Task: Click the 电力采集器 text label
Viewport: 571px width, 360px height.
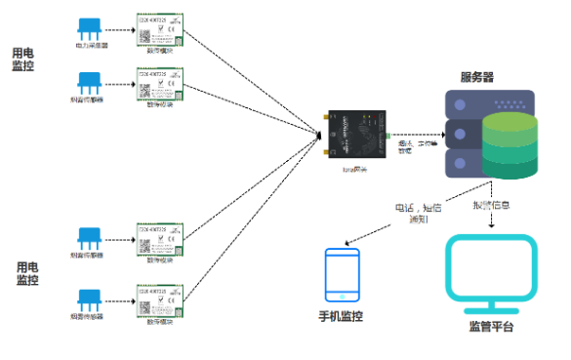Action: pos(93,45)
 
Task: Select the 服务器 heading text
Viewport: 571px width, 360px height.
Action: pos(483,75)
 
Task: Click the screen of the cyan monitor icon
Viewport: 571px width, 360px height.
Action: pos(490,266)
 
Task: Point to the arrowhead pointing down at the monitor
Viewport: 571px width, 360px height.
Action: pos(490,226)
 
